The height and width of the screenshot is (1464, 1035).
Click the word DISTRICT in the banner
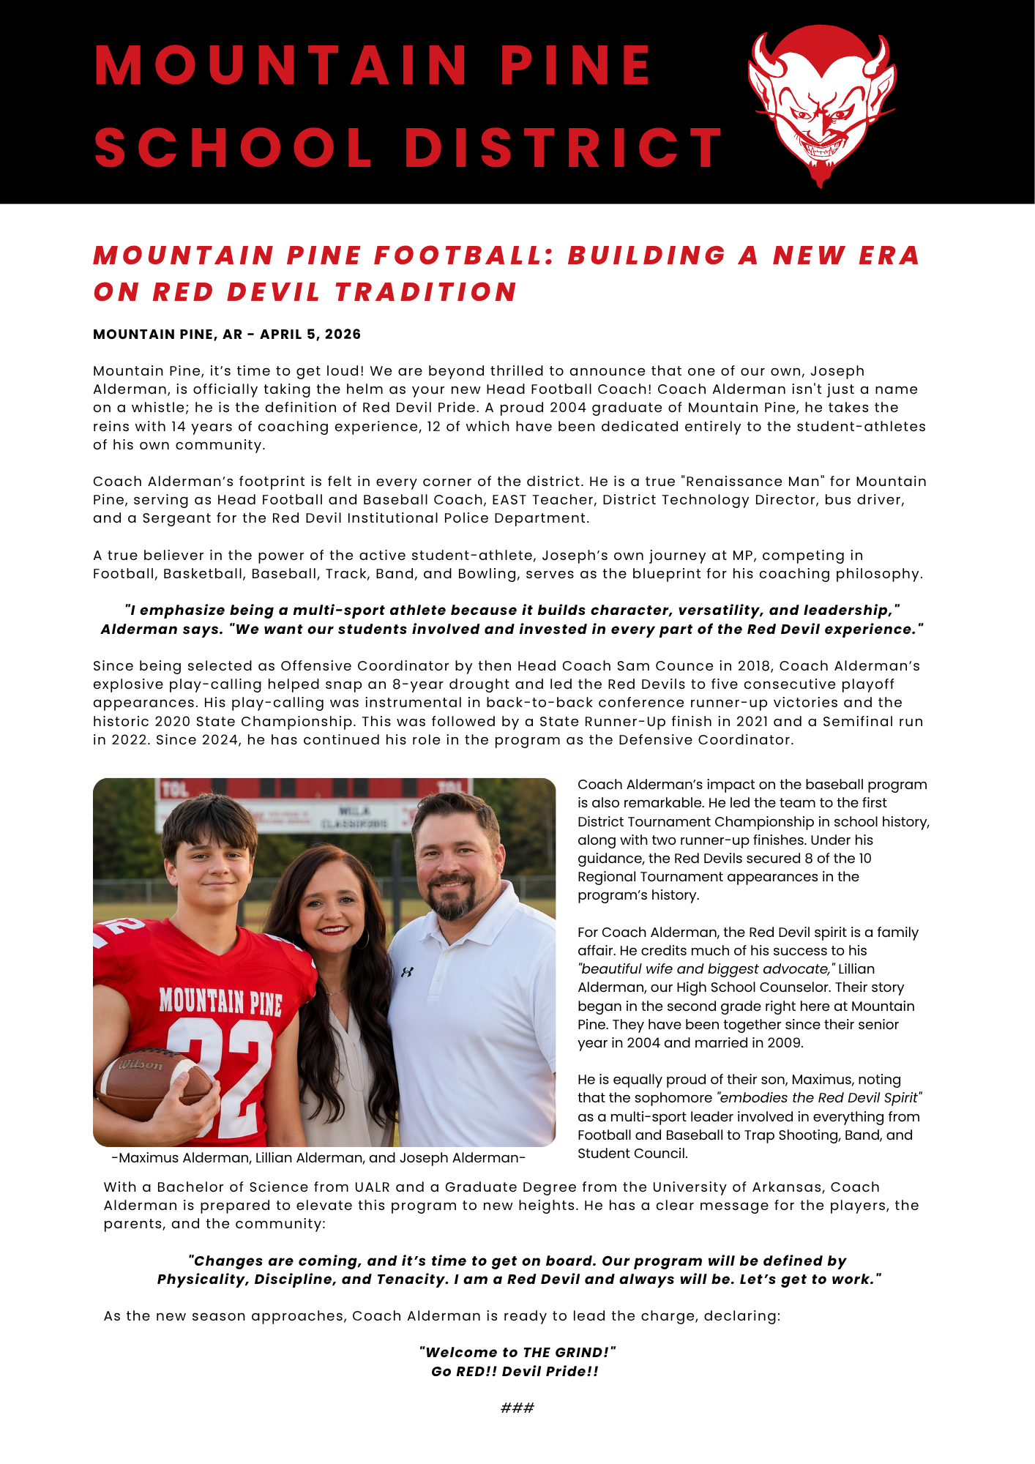(x=564, y=148)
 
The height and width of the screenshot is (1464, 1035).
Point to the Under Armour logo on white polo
(x=407, y=971)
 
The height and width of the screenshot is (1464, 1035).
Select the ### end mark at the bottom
(x=517, y=1408)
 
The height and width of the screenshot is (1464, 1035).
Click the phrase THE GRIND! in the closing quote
(x=568, y=1352)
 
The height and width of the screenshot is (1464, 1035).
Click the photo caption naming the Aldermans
(x=318, y=1157)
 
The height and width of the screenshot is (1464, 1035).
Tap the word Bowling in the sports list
(x=485, y=574)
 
